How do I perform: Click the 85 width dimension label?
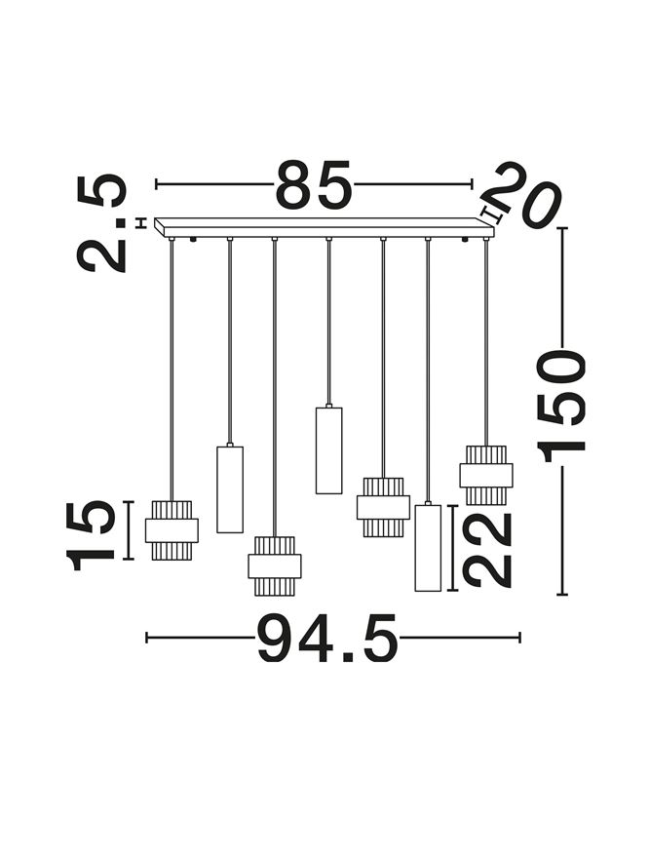point(313,184)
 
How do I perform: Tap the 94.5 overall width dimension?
point(327,638)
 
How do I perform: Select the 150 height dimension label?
point(561,404)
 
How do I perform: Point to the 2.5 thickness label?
point(101,223)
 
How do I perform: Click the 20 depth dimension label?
point(520,193)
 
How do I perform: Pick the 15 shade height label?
point(90,535)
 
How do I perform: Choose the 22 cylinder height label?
point(486,549)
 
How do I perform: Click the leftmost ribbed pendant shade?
point(172,530)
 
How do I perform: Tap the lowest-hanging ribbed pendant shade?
point(274,566)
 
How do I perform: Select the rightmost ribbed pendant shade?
point(486,475)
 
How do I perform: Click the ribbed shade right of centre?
point(383,507)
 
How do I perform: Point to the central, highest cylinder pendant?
point(328,450)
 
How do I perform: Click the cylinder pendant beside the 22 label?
point(428,548)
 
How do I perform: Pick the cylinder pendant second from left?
point(230,489)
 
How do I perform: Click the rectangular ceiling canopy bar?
point(324,228)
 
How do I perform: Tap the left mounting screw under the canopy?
point(192,240)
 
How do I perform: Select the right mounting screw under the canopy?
point(465,240)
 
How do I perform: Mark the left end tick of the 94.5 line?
point(147,638)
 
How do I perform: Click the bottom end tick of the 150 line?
point(562,594)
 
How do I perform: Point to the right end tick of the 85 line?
point(472,184)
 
